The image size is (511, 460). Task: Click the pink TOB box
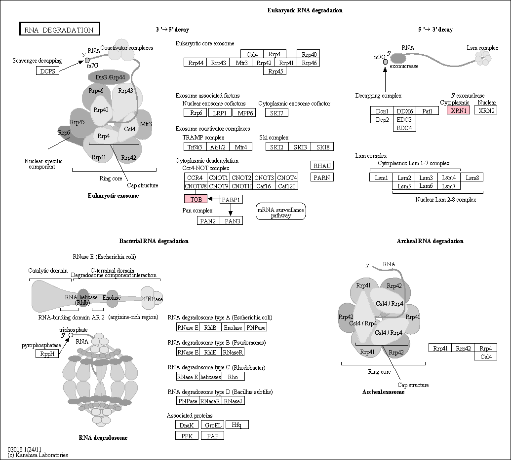[196, 199]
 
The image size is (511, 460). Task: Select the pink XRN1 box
[459, 110]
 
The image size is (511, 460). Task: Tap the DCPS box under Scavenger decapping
[47, 71]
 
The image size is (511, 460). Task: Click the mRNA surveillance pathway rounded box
[280, 212]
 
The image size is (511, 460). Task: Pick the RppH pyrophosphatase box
[47, 354]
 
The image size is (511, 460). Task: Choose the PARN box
[322, 177]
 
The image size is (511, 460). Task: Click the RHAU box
[322, 166]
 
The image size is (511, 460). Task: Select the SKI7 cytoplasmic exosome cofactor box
[276, 112]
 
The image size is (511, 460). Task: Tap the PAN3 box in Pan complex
[232, 221]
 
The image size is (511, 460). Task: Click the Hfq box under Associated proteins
[237, 425]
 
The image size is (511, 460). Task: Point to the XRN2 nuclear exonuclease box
[486, 110]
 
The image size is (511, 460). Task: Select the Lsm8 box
[472, 177]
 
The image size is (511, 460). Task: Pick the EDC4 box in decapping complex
[404, 128]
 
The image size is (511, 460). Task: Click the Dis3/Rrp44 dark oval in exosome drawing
[110, 77]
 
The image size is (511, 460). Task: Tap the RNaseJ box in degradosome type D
[234, 401]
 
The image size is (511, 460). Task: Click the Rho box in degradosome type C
[234, 376]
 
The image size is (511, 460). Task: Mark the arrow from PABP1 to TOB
[214, 199]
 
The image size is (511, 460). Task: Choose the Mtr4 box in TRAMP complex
[241, 147]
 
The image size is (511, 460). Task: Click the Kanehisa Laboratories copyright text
[38, 455]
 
